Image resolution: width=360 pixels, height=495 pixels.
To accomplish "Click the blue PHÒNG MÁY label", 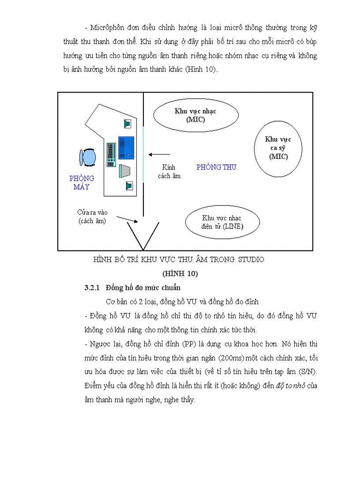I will (x=82, y=182).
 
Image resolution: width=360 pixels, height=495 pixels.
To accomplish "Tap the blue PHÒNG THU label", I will (x=216, y=167).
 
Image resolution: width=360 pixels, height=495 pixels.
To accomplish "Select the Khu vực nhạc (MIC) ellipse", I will (x=195, y=115).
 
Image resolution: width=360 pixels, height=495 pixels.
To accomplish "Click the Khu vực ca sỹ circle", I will (x=278, y=148).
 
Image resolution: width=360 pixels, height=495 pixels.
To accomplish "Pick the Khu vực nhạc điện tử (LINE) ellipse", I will (x=222, y=222).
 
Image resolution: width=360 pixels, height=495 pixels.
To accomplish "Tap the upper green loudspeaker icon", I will (x=128, y=124).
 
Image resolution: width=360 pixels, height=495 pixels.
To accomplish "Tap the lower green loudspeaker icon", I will (x=128, y=186).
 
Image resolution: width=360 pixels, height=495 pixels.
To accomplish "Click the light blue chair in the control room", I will (x=88, y=157).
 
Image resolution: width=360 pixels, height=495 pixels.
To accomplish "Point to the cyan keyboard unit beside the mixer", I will (x=111, y=155).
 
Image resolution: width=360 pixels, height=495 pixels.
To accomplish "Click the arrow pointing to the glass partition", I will (x=159, y=154).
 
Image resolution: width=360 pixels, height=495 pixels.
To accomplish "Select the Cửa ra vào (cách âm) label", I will (x=92, y=216).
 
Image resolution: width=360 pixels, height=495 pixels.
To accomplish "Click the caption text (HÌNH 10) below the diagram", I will (x=180, y=274).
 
